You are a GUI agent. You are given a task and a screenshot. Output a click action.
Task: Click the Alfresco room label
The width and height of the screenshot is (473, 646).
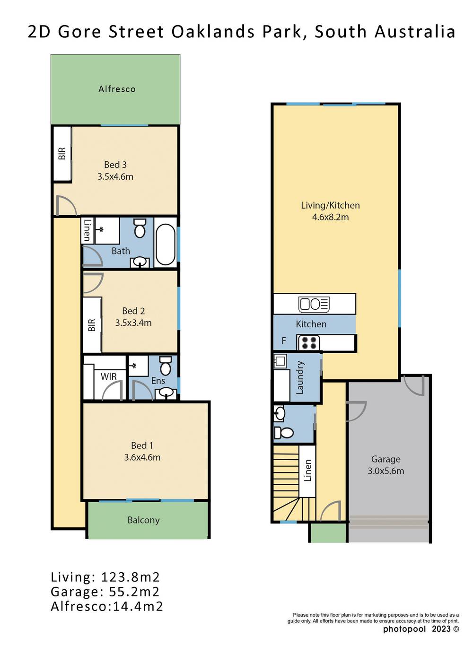pyautogui.click(x=117, y=89)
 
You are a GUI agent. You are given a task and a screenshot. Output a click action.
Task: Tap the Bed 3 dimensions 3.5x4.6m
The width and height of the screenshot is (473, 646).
pyautogui.click(x=115, y=176)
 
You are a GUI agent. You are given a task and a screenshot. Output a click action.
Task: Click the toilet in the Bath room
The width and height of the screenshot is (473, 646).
pyautogui.click(x=140, y=228)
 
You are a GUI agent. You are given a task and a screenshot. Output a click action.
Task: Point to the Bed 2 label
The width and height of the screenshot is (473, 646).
pyautogui.click(x=133, y=311)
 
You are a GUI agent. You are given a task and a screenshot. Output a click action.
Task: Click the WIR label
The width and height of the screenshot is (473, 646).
pyautogui.click(x=109, y=376)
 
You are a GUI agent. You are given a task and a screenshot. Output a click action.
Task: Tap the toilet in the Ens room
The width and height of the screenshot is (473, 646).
pyautogui.click(x=165, y=366)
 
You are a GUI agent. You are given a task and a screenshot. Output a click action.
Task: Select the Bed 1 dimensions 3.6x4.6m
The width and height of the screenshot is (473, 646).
pyautogui.click(x=142, y=457)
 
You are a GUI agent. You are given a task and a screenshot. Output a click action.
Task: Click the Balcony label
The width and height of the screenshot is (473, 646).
pyautogui.click(x=144, y=520)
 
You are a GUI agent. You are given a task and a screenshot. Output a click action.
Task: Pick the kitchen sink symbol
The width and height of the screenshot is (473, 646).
pyautogui.click(x=314, y=304)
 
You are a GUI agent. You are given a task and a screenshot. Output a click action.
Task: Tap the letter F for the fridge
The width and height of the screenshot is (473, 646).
pyautogui.click(x=284, y=340)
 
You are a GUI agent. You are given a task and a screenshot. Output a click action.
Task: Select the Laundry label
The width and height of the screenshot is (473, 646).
pyautogui.click(x=300, y=377)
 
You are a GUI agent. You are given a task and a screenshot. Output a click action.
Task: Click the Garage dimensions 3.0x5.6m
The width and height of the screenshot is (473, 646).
pyautogui.click(x=385, y=471)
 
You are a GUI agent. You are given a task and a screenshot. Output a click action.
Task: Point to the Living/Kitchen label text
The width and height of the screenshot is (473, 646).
pyautogui.click(x=330, y=205)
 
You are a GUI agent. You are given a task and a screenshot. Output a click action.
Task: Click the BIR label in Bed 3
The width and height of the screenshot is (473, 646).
pyautogui.click(x=62, y=153)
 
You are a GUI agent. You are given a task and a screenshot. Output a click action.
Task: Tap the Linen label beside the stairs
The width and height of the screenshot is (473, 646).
pyautogui.click(x=308, y=471)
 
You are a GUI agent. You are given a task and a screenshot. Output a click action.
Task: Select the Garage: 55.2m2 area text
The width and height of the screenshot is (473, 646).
pyautogui.click(x=105, y=592)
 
